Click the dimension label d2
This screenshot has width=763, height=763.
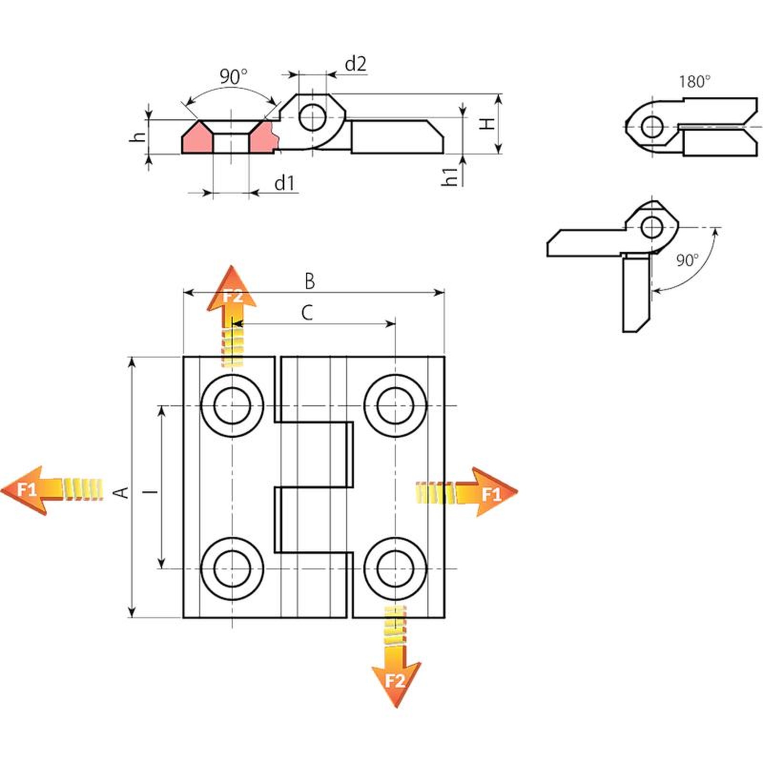click(x=355, y=64)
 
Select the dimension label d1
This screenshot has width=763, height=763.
click(x=285, y=183)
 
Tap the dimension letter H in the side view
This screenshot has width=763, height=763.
click(x=487, y=124)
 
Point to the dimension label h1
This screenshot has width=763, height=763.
click(x=451, y=176)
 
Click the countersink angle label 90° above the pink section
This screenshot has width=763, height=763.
click(x=234, y=76)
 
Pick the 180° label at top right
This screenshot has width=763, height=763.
click(x=694, y=82)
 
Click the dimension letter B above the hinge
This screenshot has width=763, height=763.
click(x=309, y=281)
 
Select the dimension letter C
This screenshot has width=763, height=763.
click(x=307, y=313)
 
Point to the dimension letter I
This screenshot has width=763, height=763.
click(x=153, y=491)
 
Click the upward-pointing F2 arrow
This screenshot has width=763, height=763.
click(x=232, y=296)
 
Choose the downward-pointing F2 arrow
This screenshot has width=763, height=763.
click(x=396, y=680)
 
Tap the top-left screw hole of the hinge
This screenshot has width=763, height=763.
click(x=232, y=406)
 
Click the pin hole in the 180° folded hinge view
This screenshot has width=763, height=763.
click(x=651, y=127)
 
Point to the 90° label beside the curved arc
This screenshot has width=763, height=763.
click(x=687, y=260)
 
